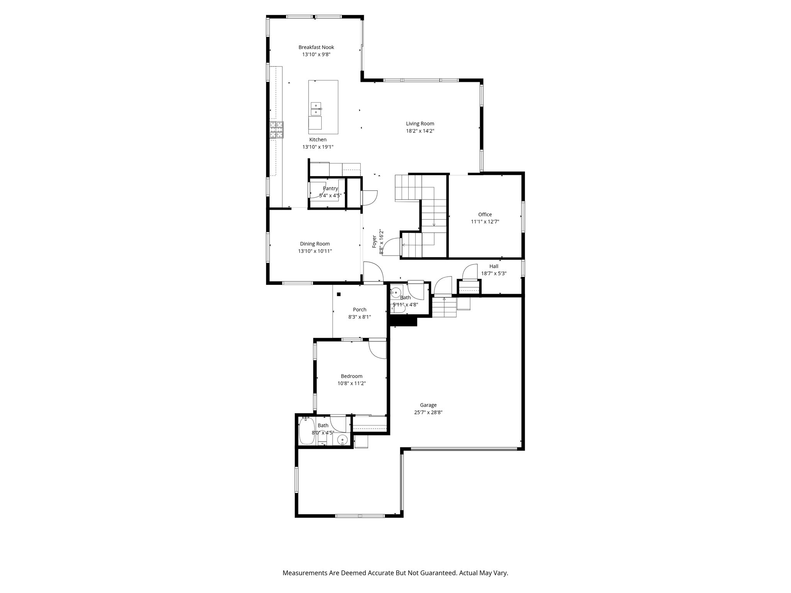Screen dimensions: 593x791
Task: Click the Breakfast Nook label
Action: click(x=316, y=47)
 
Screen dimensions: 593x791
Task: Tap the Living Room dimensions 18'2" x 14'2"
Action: click(x=420, y=131)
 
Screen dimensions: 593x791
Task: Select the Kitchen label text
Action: click(x=317, y=140)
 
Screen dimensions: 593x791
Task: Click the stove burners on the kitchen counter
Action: click(x=276, y=130)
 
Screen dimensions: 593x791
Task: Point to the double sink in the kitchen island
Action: click(x=316, y=109)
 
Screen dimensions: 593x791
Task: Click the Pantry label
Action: click(x=330, y=188)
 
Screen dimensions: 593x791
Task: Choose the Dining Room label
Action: click(x=315, y=244)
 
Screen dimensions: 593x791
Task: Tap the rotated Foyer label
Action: click(x=374, y=241)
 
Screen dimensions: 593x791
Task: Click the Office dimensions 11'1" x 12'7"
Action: click(x=485, y=222)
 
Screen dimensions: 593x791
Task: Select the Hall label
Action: click(x=494, y=266)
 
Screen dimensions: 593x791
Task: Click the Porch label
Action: click(x=359, y=310)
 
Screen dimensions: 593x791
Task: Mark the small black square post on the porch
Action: click(x=339, y=294)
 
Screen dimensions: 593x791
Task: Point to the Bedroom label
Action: click(x=351, y=376)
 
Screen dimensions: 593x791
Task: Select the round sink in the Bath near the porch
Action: click(x=396, y=292)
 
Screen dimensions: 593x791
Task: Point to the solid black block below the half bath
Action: click(x=404, y=322)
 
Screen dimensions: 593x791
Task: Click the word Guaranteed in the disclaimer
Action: click(x=438, y=573)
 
